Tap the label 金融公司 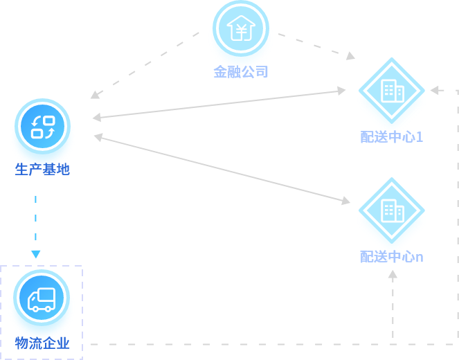(240, 71)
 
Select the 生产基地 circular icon (42, 127)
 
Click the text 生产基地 (42, 169)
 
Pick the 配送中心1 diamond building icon (391, 90)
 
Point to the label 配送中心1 (391, 136)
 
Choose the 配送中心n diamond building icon (391, 210)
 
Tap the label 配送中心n (391, 257)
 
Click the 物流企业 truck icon (42, 299)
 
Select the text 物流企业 (42, 343)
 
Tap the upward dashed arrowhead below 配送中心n (393, 275)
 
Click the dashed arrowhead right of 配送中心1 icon (434, 90)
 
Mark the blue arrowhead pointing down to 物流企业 (36, 254)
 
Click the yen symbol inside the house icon (240, 30)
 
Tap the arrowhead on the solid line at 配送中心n (345, 201)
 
